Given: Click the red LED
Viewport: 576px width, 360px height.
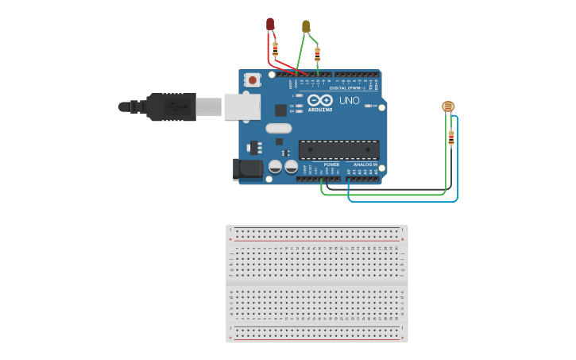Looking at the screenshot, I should pyautogui.click(x=270, y=24).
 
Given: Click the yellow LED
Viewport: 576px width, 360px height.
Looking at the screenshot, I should pyautogui.click(x=306, y=26).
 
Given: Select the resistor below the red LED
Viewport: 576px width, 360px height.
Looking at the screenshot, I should pyautogui.click(x=275, y=49).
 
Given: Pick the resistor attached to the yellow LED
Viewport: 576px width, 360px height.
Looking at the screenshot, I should pyautogui.click(x=318, y=54).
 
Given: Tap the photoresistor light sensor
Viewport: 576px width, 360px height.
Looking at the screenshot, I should pyautogui.click(x=448, y=106).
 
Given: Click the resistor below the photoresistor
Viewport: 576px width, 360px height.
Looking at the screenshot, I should pyautogui.click(x=451, y=137).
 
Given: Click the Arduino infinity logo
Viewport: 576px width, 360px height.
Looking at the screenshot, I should pyautogui.click(x=320, y=101).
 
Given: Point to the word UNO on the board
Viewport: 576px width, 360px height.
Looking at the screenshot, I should pyautogui.click(x=349, y=101).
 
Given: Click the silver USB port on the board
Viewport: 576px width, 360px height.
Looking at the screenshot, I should pyautogui.click(x=242, y=106).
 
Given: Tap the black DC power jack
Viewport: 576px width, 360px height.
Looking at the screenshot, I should pyautogui.click(x=248, y=168).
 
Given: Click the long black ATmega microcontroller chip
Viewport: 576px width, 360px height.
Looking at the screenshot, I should pyautogui.click(x=338, y=149).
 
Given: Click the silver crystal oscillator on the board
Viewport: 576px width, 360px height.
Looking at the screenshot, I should pyautogui.click(x=279, y=128).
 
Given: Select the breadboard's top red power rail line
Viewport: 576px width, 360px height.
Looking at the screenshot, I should pyautogui.click(x=316, y=239).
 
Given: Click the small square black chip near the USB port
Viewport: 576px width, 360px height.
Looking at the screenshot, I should pyautogui.click(x=280, y=110).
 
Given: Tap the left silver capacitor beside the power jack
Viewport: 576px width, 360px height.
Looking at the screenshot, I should pyautogui.click(x=275, y=167).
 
